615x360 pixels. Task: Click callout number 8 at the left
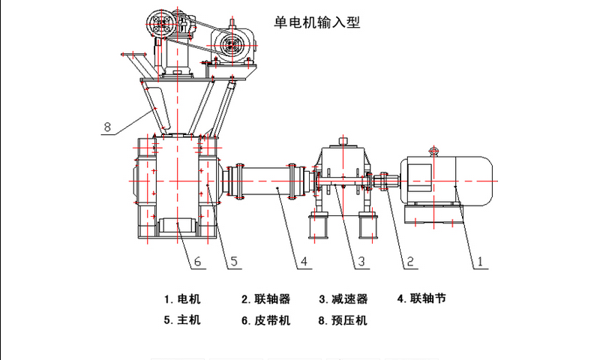[x=107, y=127]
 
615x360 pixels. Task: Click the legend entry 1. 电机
[x=183, y=298]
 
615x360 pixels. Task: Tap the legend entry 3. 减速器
[x=343, y=298]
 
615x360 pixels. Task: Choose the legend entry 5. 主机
[x=183, y=320]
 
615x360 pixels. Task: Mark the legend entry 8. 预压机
[x=343, y=320]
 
